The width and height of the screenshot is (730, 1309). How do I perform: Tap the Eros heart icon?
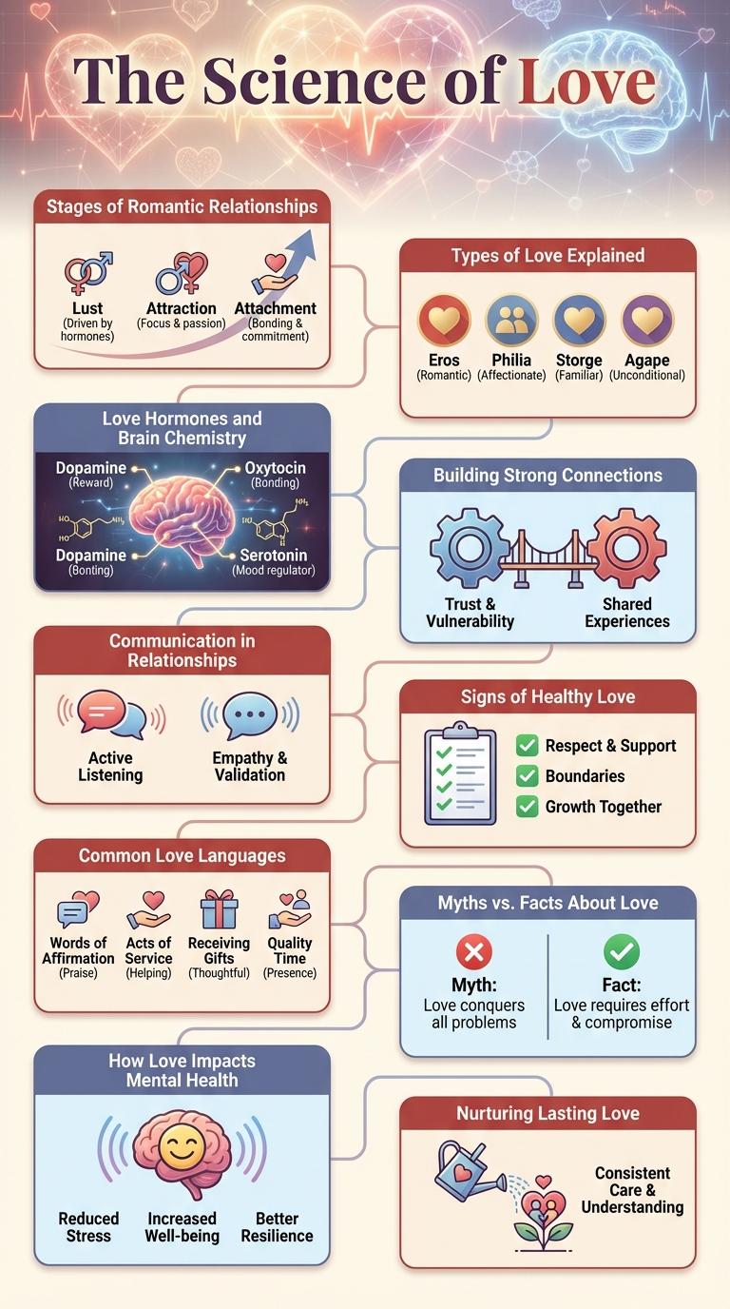pyautogui.click(x=444, y=321)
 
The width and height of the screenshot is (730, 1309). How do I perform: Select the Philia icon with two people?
pyautogui.click(x=511, y=321)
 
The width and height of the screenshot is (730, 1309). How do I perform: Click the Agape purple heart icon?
pyautogui.click(x=647, y=321)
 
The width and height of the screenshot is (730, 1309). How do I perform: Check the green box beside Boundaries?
pyautogui.click(x=527, y=776)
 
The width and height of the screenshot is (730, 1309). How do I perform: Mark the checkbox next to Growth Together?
pyautogui.click(x=527, y=807)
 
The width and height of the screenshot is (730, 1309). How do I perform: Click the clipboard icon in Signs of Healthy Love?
pyautogui.click(x=460, y=772)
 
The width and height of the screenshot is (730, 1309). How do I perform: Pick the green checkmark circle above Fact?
pyautogui.click(x=622, y=952)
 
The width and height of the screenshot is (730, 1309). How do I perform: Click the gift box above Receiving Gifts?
pyautogui.click(x=219, y=909)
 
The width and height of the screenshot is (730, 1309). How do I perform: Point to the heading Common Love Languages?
pyautogui.click(x=182, y=855)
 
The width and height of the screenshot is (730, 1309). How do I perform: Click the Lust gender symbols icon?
pyautogui.click(x=87, y=273)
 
